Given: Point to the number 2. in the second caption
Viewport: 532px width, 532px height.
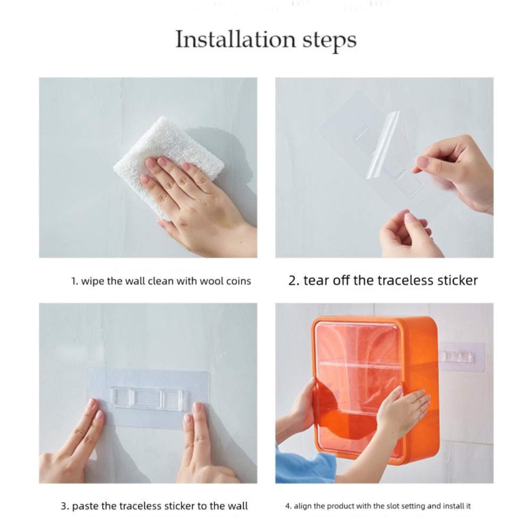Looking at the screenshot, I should [294, 280].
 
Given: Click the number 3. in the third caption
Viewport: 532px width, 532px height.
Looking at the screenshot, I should [65, 506].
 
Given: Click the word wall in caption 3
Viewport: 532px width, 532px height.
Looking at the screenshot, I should [237, 506].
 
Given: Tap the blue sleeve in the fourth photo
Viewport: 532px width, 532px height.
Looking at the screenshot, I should [303, 465].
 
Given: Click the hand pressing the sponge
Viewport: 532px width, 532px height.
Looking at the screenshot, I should [197, 197].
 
